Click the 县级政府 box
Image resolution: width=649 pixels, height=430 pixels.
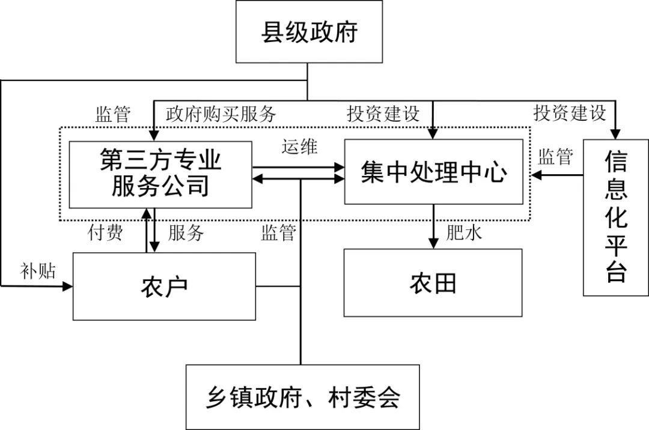(x=309, y=31)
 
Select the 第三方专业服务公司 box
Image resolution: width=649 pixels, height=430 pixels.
(x=160, y=174)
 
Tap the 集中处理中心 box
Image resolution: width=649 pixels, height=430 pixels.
(x=433, y=172)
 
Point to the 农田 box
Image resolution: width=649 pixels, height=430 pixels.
(x=433, y=282)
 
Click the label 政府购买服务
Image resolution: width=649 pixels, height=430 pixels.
(x=221, y=113)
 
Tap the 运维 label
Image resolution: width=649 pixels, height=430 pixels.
(x=300, y=147)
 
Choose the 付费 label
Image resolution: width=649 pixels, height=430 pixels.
(x=105, y=233)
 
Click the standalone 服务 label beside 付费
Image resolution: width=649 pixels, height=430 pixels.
(x=186, y=233)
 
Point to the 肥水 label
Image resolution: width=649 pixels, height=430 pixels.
(x=464, y=233)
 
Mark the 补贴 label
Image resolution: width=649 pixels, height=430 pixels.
(x=38, y=271)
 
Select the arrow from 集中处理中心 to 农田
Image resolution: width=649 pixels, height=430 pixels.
(x=433, y=226)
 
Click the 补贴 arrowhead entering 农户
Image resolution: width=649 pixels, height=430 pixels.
(x=67, y=286)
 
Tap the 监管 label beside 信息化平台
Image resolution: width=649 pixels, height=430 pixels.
(x=555, y=157)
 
